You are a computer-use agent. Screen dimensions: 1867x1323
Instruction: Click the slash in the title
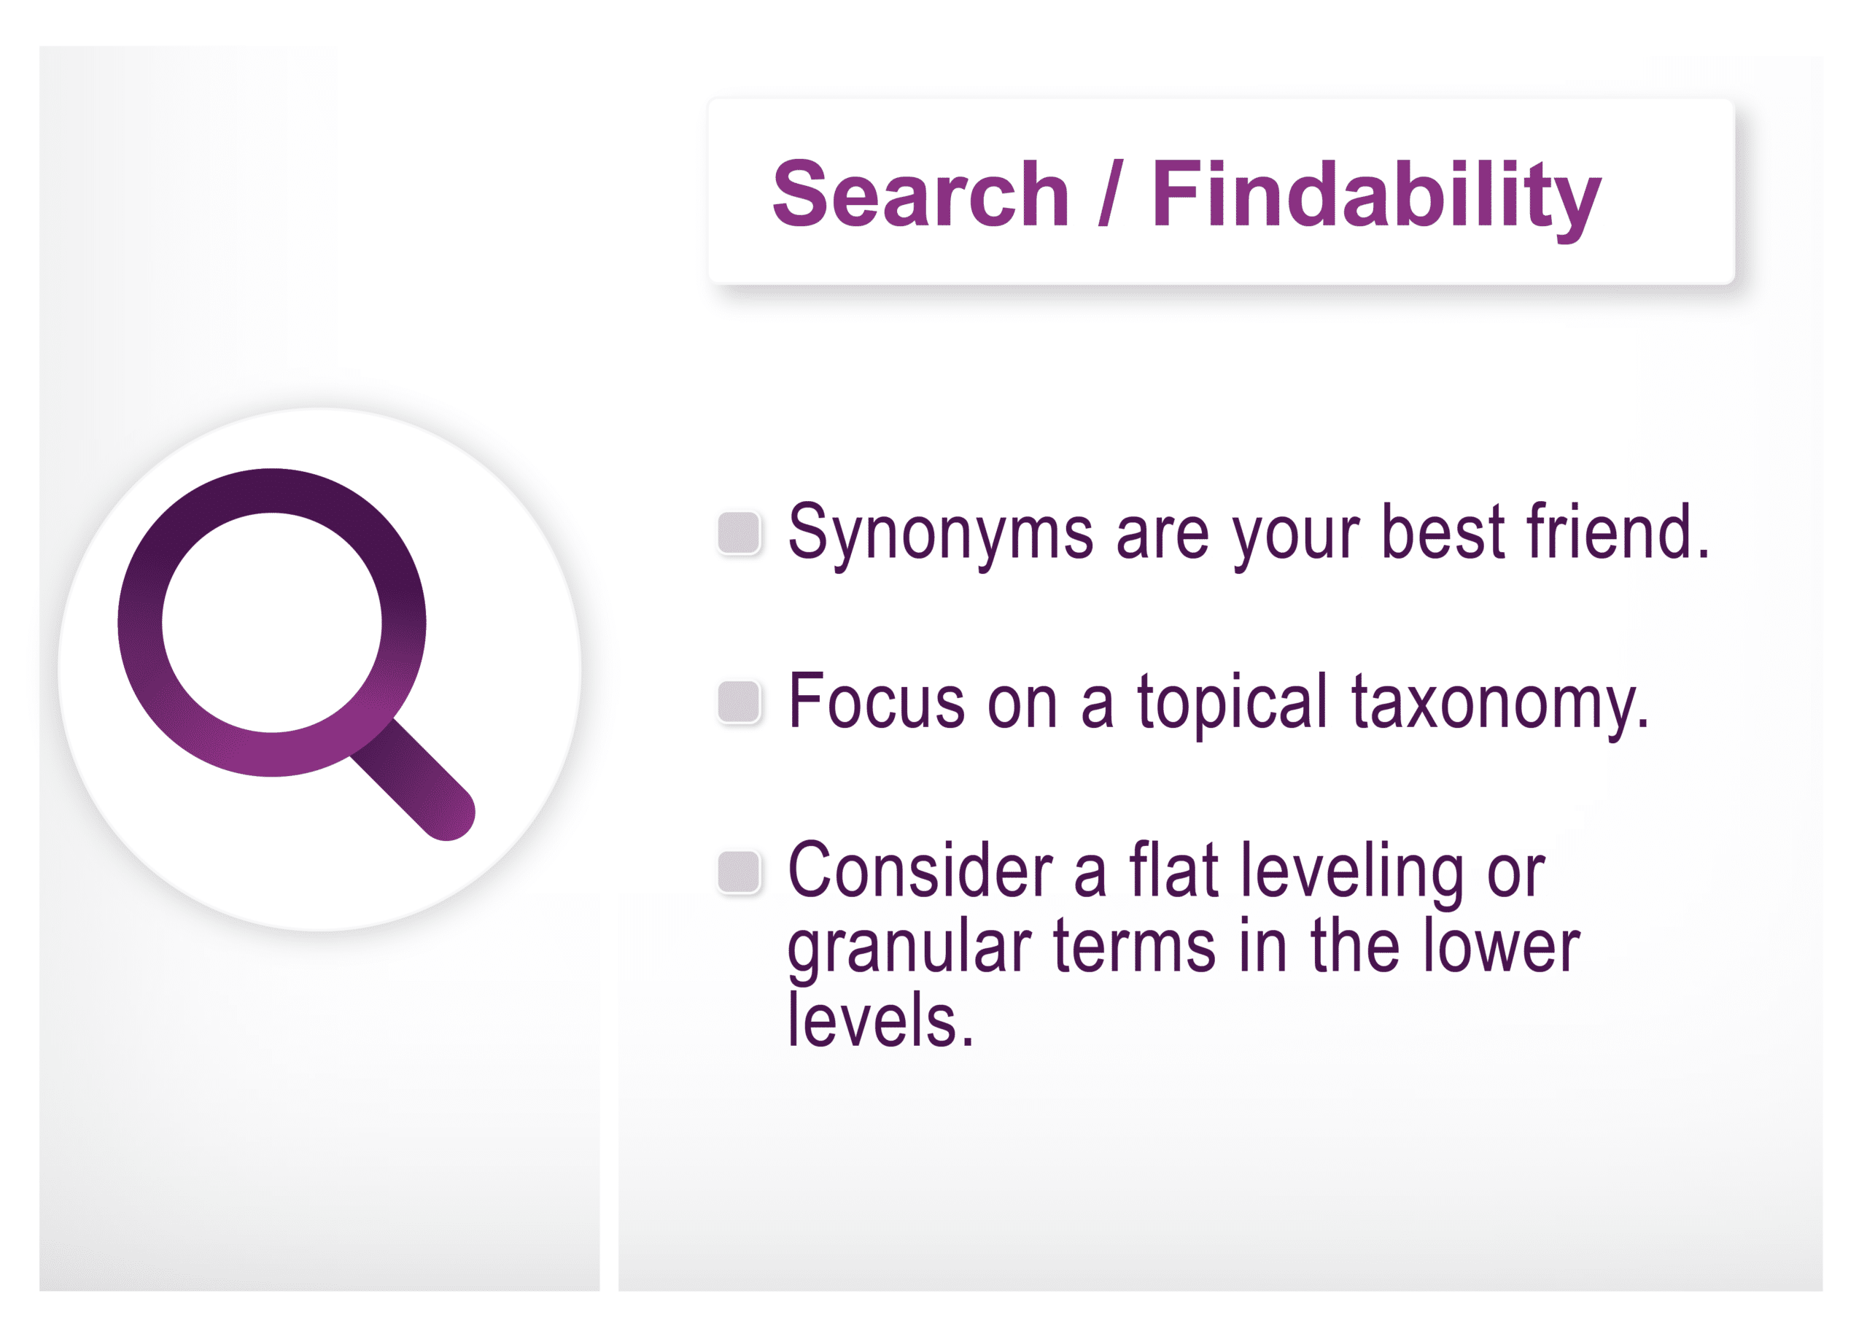[x=1110, y=193]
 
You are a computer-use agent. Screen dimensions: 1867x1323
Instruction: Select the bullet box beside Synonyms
[x=739, y=533]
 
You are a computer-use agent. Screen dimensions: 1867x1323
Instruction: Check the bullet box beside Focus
[x=739, y=702]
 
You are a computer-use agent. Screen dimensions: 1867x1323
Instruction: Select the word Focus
[x=877, y=701]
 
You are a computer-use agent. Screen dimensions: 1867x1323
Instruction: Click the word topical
[x=1233, y=705]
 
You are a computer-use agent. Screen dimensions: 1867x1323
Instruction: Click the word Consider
[x=920, y=870]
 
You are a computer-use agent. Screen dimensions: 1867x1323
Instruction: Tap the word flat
[x=1173, y=869]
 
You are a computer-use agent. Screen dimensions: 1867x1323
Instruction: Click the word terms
[x=1135, y=946]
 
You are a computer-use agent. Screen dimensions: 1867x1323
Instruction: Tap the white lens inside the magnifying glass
[x=272, y=622]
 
